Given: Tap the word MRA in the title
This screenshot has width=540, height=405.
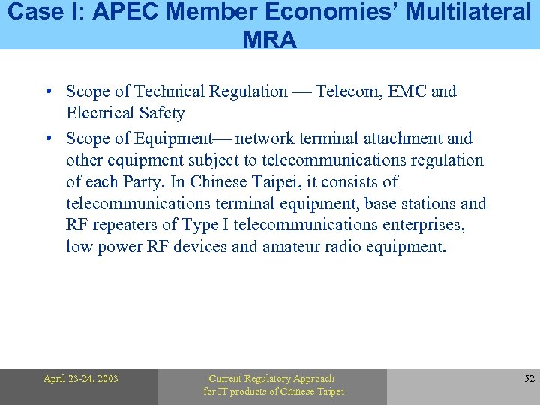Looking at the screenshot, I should (270, 39).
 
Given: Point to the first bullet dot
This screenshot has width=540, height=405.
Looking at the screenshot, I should (48, 92).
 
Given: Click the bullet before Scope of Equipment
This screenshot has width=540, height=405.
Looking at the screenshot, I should (48, 139).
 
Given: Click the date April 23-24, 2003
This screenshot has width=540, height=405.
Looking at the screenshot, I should (80, 379).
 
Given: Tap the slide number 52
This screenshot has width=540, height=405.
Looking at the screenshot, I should (529, 379).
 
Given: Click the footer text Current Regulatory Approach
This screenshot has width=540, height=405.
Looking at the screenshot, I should (271, 379).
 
